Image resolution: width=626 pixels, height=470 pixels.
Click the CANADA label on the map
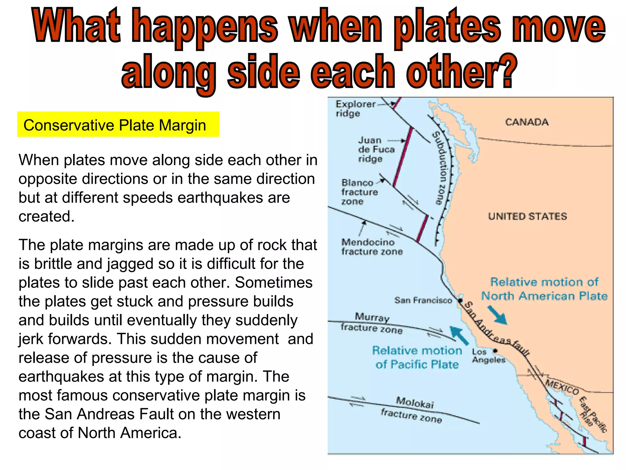[x=527, y=122]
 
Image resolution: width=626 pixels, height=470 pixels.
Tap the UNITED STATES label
[x=527, y=217]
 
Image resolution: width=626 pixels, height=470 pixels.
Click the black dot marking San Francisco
[x=460, y=300]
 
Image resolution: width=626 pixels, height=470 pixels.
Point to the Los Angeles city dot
[x=495, y=351]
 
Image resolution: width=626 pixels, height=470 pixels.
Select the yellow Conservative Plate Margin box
[x=118, y=125]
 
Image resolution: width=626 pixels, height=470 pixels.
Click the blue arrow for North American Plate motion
[x=497, y=315]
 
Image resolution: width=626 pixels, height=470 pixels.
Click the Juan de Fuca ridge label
[x=376, y=150]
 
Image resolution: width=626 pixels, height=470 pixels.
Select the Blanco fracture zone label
[x=359, y=192]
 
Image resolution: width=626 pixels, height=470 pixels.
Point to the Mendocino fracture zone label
[x=372, y=247]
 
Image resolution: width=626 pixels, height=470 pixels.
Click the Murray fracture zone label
[x=372, y=323]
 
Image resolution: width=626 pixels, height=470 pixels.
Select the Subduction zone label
[x=440, y=168]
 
